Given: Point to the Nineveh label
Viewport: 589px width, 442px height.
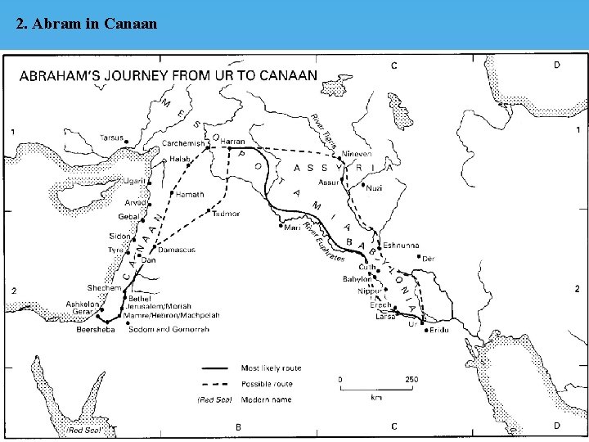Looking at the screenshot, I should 357,154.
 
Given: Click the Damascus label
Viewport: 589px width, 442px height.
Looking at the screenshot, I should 176,249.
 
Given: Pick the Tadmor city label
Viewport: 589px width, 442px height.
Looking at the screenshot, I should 226,214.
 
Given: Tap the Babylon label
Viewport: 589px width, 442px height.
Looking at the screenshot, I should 357,278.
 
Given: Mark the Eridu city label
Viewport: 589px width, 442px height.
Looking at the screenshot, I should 439,329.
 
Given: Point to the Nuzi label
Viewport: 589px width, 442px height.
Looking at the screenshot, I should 374,187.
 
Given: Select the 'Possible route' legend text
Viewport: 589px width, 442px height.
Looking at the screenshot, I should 265,384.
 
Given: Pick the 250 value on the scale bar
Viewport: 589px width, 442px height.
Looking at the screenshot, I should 411,379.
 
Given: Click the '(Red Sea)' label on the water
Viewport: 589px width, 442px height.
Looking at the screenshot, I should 84,430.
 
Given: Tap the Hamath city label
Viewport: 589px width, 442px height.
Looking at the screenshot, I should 190,195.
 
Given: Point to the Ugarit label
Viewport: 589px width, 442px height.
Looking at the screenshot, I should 134,181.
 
